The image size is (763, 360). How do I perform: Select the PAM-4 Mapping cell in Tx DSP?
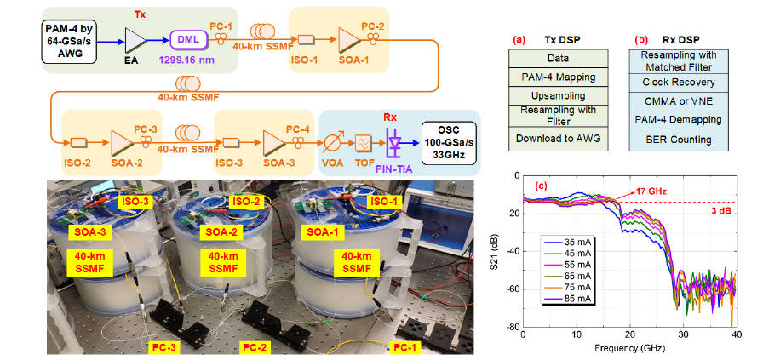pyautogui.click(x=558, y=76)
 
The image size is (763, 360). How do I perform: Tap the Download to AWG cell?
pyautogui.click(x=558, y=138)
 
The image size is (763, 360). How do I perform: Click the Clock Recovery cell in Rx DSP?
pyautogui.click(x=678, y=82)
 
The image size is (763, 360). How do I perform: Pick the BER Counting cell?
pyautogui.click(x=678, y=138)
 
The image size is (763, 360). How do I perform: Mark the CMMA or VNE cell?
pyautogui.click(x=678, y=100)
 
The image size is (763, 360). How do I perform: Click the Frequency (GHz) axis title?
pyautogui.click(x=628, y=348)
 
